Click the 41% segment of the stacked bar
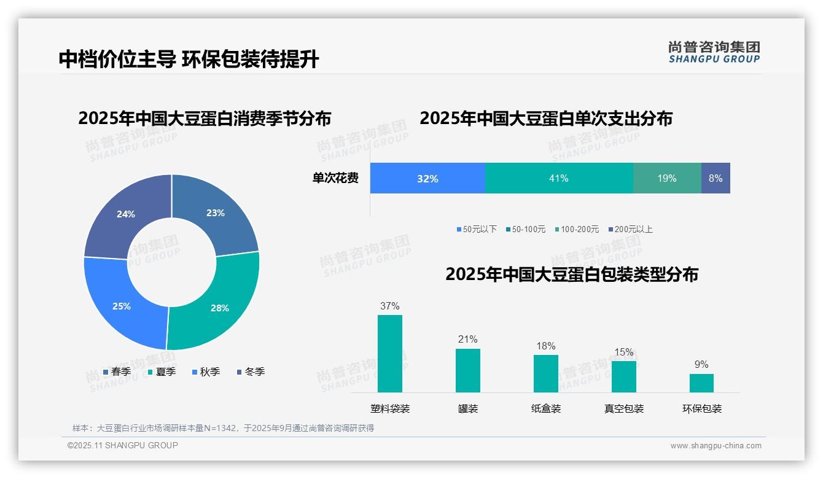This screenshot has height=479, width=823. click(x=558, y=178)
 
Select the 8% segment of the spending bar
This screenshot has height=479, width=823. click(x=716, y=178)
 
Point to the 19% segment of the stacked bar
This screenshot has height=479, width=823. click(x=666, y=178)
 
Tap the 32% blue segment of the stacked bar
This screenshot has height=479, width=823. click(x=427, y=178)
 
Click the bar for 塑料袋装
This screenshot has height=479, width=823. click(x=389, y=354)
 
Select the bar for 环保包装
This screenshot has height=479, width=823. click(x=701, y=383)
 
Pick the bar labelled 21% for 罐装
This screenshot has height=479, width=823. click(x=467, y=370)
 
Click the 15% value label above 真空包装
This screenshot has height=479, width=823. click(x=623, y=352)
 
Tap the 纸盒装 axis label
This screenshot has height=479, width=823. click(x=545, y=408)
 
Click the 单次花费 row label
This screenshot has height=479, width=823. click(x=335, y=178)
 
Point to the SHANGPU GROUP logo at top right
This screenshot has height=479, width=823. click(x=714, y=52)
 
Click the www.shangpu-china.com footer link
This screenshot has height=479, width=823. click(x=716, y=446)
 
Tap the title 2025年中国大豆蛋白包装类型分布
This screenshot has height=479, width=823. click(x=571, y=274)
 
